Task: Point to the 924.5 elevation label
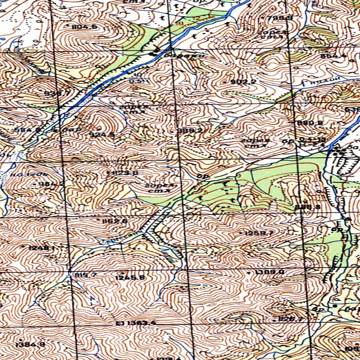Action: (102, 134)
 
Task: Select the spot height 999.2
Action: (190, 130)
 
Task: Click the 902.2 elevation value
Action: (243, 82)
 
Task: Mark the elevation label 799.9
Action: (280, 18)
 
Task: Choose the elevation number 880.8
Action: (310, 123)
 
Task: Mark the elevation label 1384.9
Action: (31, 345)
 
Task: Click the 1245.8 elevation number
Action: (130, 277)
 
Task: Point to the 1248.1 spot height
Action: (41, 248)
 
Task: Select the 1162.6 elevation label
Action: (114, 221)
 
